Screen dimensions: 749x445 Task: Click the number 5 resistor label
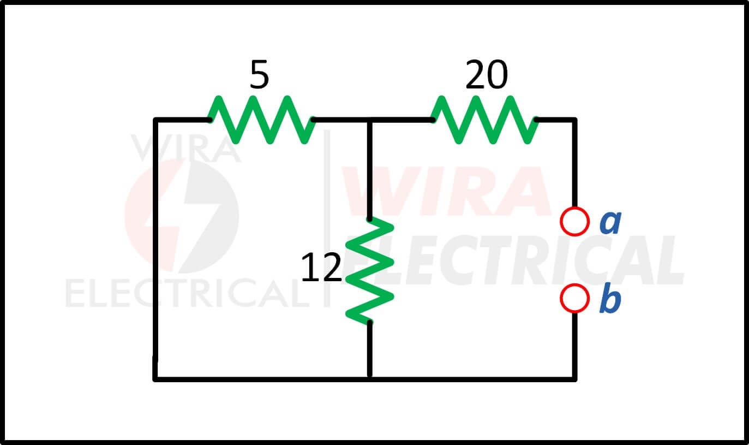[259, 74]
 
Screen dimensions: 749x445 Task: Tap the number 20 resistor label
[487, 74]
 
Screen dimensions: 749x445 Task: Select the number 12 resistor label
[321, 268]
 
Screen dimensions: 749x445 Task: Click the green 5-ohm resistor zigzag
[261, 120]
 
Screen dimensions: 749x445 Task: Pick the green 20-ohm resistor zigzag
[484, 120]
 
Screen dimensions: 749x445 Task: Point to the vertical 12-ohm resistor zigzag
[369, 271]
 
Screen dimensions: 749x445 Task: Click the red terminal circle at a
[574, 222]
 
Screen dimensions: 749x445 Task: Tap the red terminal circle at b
[574, 299]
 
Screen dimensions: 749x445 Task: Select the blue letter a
[610, 223]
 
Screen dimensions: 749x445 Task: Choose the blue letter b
[610, 298]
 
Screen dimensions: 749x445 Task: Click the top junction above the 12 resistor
[369, 120]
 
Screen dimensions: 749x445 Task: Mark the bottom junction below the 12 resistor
[369, 379]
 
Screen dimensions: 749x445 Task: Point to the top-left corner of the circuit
[155, 120]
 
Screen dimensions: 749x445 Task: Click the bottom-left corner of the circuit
[155, 379]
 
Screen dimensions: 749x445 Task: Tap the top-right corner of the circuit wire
[574, 120]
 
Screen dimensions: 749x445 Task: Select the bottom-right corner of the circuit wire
[574, 379]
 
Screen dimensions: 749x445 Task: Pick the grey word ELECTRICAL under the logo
[188, 293]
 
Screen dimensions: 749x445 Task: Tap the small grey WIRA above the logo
[186, 148]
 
